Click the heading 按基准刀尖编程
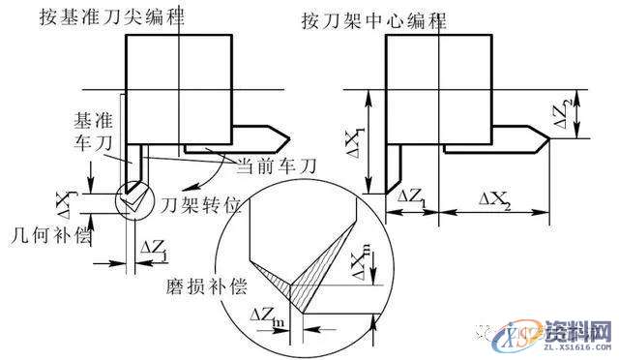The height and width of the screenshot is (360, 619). coord(130,17)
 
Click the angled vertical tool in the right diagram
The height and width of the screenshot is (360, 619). coord(395,169)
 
